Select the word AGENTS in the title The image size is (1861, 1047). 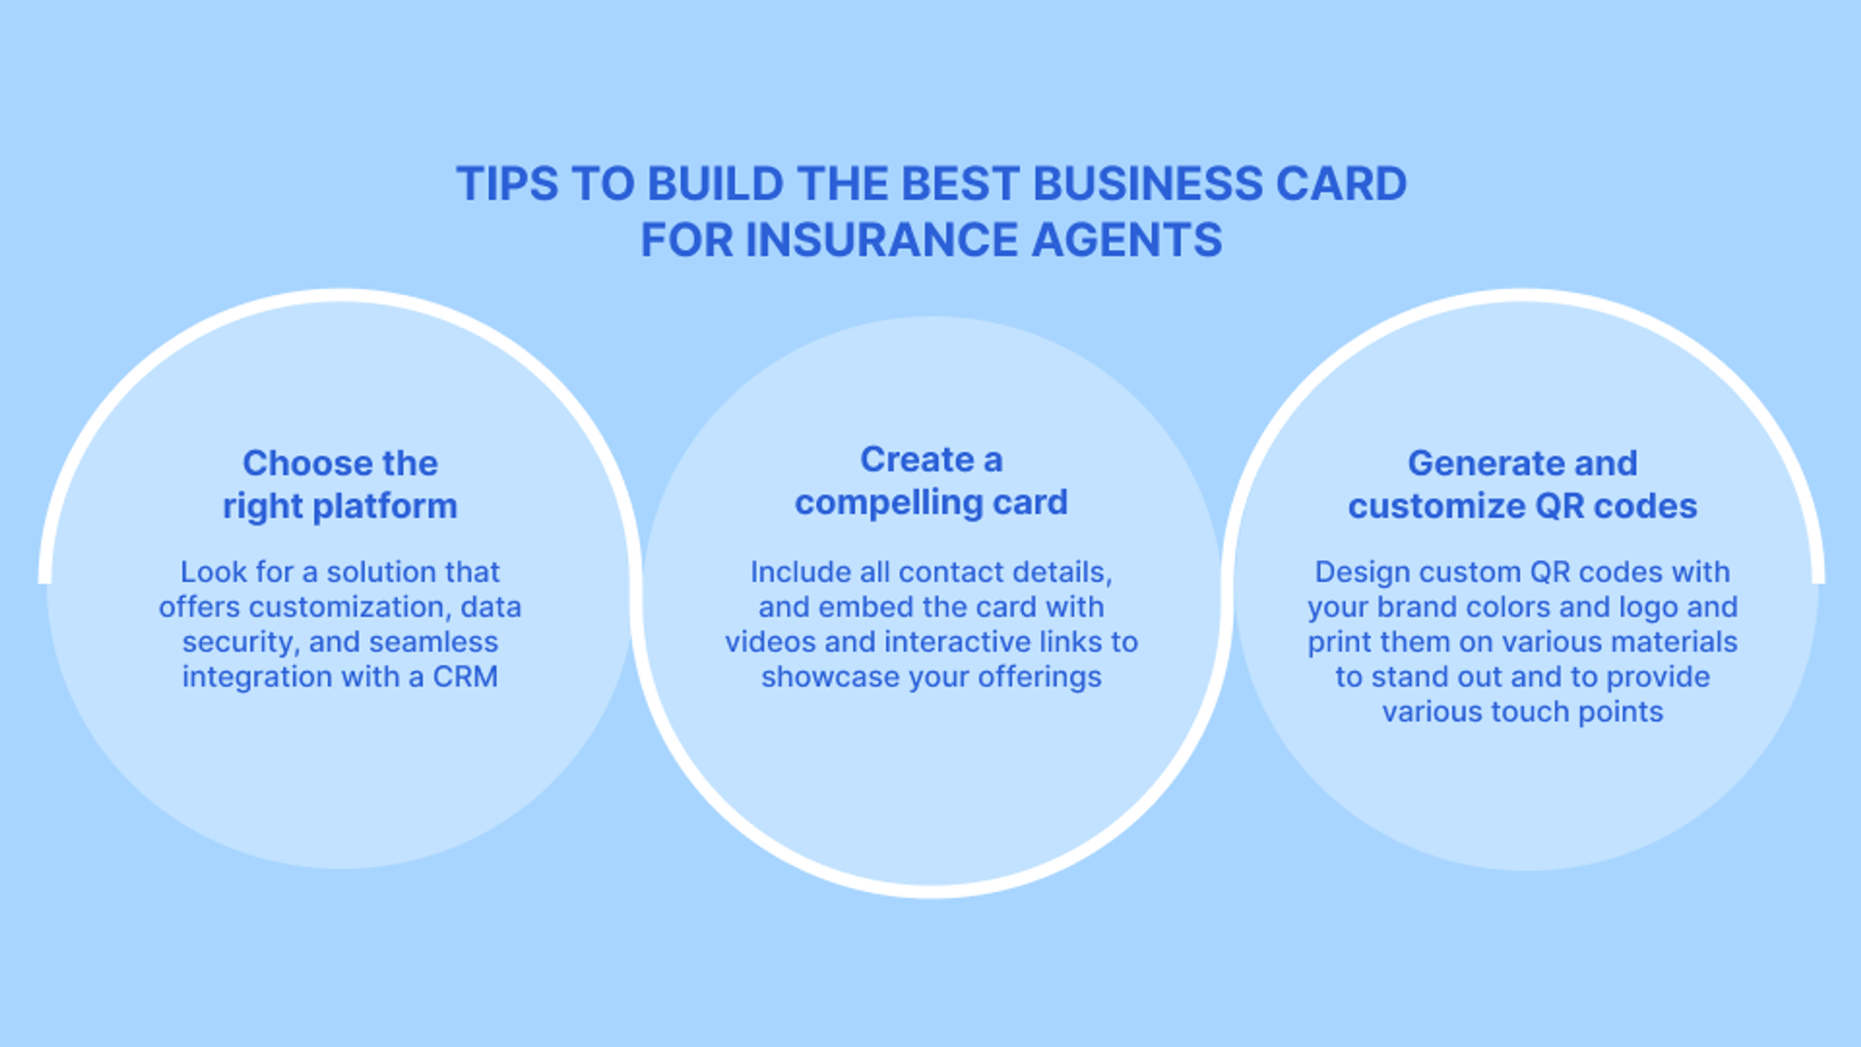[x=1126, y=240]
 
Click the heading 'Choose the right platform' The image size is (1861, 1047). [x=340, y=484]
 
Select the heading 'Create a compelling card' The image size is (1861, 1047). [x=930, y=480]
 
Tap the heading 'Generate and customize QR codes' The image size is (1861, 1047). [x=1522, y=484]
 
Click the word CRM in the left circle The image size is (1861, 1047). [x=465, y=677]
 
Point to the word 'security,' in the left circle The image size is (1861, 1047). [x=240, y=642]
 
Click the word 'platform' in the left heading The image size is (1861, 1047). [x=385, y=506]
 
